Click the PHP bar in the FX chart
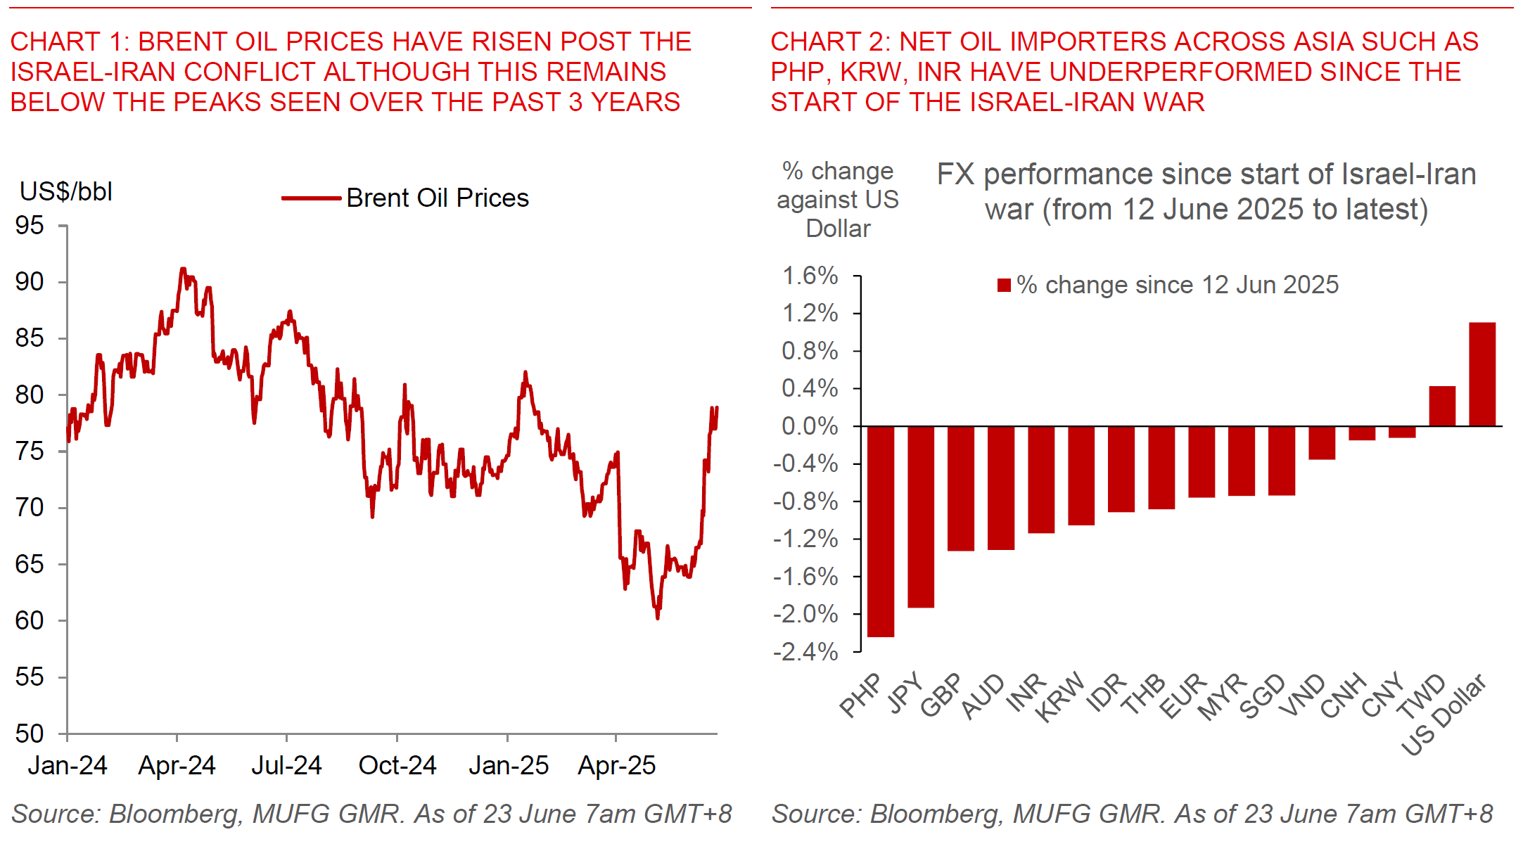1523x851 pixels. [x=881, y=531]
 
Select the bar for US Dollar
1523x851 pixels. [x=1482, y=374]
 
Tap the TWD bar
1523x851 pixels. [x=1442, y=406]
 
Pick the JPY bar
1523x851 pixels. [x=921, y=516]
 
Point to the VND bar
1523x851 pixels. [x=1322, y=442]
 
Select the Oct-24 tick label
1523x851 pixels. [x=397, y=765]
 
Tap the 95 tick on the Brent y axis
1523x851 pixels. [x=30, y=225]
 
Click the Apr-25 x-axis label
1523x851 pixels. [x=616, y=765]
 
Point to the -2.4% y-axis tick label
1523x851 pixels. [x=805, y=652]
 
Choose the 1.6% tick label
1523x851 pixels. [x=810, y=275]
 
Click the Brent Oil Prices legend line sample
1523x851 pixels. [x=310, y=198]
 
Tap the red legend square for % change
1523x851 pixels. [x=1004, y=285]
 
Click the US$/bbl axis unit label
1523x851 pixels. [x=66, y=191]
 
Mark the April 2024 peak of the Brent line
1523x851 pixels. [x=183, y=269]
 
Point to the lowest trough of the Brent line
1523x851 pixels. [x=658, y=618]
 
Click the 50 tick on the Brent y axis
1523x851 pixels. [x=30, y=734]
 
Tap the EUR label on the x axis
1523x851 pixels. [x=1183, y=696]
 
